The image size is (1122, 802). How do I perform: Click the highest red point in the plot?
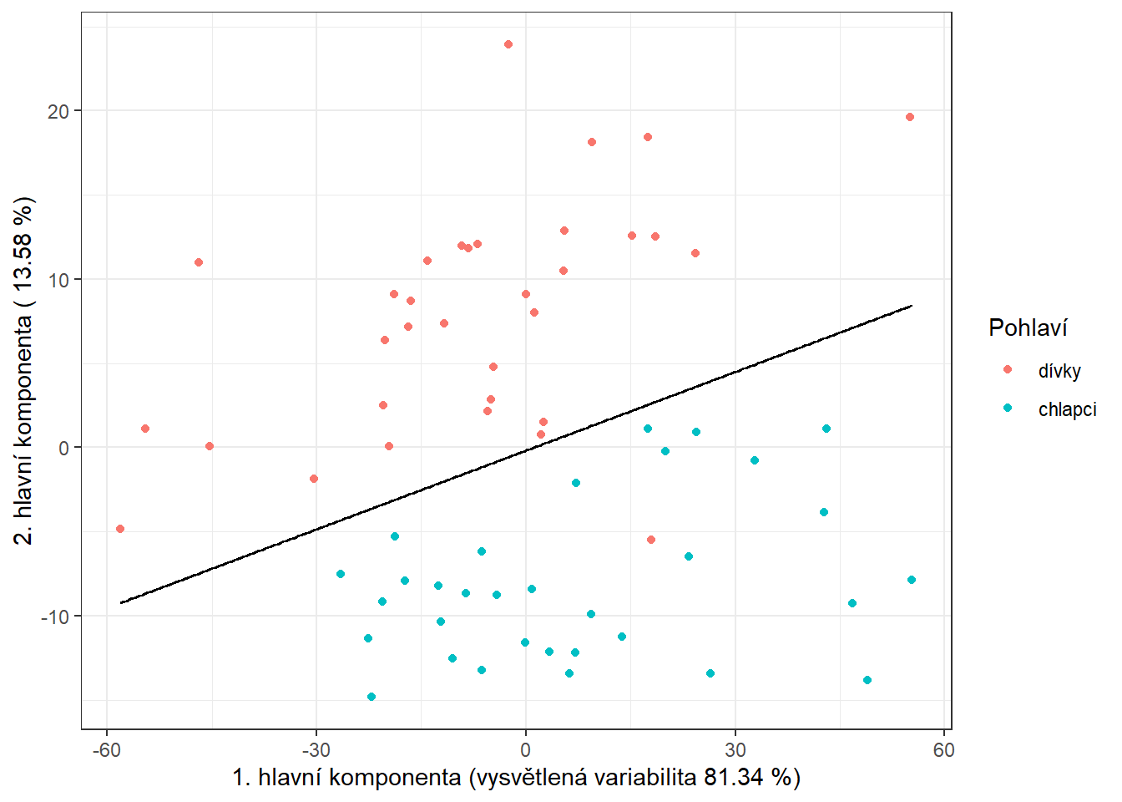click(x=508, y=44)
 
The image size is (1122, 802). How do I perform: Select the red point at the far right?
click(x=910, y=117)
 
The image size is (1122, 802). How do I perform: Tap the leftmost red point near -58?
click(x=120, y=529)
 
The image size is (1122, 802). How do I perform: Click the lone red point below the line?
click(x=651, y=540)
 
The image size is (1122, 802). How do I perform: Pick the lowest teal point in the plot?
click(x=371, y=697)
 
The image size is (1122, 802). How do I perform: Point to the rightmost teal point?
click(x=912, y=580)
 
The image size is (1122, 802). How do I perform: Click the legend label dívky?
click(x=1059, y=371)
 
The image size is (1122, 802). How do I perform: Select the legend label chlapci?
click(x=1067, y=409)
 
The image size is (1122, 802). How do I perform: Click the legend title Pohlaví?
click(x=1028, y=327)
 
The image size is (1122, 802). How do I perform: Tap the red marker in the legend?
click(x=1008, y=369)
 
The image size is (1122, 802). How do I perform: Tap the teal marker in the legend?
click(x=1008, y=408)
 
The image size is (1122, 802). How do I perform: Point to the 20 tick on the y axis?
click(x=58, y=111)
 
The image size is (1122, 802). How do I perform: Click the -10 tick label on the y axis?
click(x=55, y=617)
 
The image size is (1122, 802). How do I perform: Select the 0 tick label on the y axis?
click(x=64, y=448)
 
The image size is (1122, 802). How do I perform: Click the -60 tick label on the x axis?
click(x=106, y=750)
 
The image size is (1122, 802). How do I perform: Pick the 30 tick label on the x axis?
click(x=735, y=750)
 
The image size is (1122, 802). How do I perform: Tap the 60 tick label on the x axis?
click(x=943, y=750)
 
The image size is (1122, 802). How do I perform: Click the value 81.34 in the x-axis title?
click(x=733, y=778)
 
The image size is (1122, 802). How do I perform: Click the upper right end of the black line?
click(x=912, y=306)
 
